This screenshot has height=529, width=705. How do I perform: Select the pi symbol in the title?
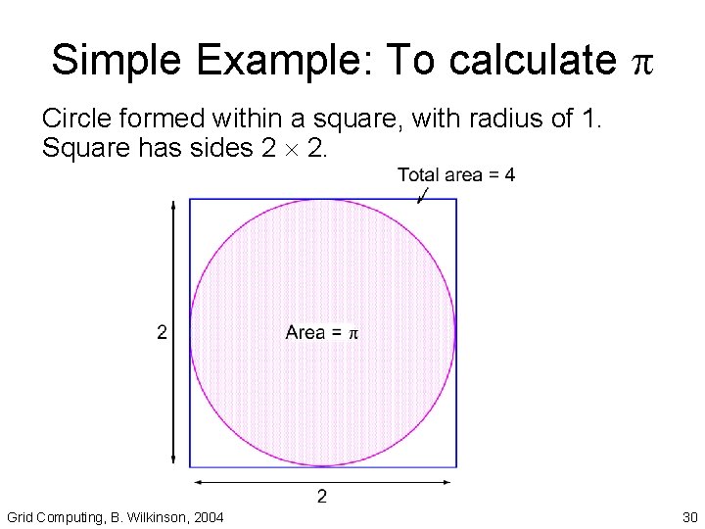tap(641, 63)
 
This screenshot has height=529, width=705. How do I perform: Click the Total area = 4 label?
tap(456, 175)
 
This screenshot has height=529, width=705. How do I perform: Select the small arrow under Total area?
tap(423, 196)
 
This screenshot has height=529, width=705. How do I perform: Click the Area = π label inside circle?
tap(322, 333)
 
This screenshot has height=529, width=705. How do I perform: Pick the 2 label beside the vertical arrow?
tap(162, 333)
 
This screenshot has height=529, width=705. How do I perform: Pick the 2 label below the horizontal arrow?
tap(322, 498)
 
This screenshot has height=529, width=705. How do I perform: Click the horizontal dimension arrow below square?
tap(322, 482)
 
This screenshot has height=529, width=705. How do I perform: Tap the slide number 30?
tap(689, 517)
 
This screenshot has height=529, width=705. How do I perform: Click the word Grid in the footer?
tap(20, 517)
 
